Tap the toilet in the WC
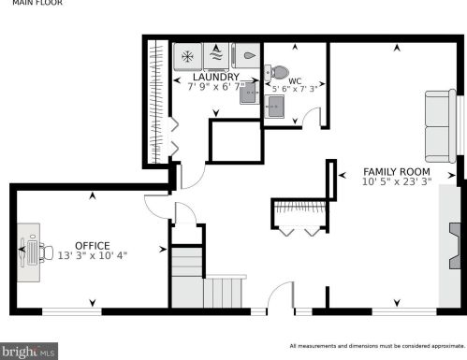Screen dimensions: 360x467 (278, 71)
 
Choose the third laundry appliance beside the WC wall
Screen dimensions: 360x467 (247, 55)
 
